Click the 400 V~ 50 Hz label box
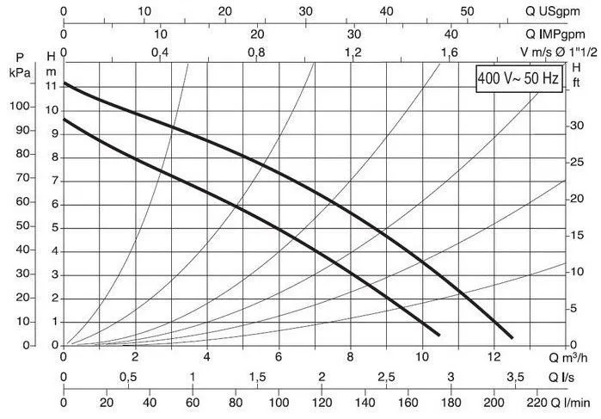tap(518, 80)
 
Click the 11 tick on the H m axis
tap(52, 86)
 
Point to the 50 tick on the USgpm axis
tap(467, 11)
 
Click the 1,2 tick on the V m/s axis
tap(353, 53)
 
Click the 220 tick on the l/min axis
tap(537, 401)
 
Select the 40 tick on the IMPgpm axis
tap(451, 34)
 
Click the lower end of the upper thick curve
tap(512, 337)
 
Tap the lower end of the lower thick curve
tap(438, 335)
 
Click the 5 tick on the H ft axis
tap(575, 308)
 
